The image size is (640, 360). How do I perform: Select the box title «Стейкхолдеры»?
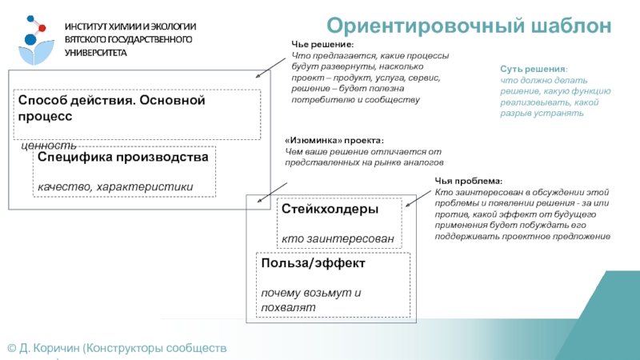pos(330,209)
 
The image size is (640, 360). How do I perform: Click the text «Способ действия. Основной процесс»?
pos(112,108)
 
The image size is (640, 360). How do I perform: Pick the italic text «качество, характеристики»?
pos(115,187)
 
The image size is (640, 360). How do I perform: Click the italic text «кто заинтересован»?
pos(338,238)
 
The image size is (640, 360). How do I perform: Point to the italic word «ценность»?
pos(48,146)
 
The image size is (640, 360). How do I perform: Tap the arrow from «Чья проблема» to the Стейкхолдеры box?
pos(419,197)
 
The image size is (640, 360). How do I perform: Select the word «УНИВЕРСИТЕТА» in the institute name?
pos(96,52)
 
